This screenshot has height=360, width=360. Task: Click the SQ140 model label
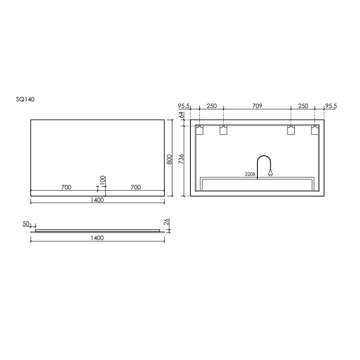pyautogui.click(x=25, y=99)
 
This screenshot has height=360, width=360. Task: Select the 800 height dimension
pyautogui.click(x=169, y=159)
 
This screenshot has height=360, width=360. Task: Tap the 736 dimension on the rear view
pyautogui.click(x=181, y=159)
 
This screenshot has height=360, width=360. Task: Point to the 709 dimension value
pyautogui.click(x=257, y=106)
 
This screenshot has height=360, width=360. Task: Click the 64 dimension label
pyautogui.click(x=181, y=115)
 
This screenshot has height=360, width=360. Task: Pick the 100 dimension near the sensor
pyautogui.click(x=103, y=180)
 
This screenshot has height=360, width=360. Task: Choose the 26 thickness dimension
pyautogui.click(x=166, y=222)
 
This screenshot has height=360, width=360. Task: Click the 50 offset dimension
pyautogui.click(x=26, y=224)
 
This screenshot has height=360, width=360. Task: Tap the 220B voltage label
pyautogui.click(x=250, y=174)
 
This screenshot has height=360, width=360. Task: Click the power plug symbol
pyautogui.click(x=271, y=173)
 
